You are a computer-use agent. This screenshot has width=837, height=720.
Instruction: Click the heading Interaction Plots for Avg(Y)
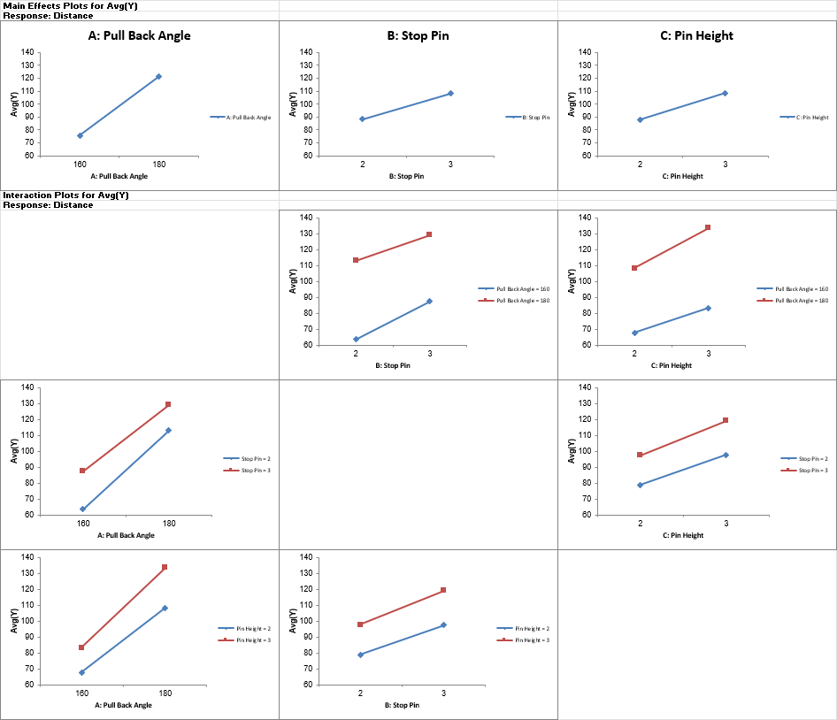click(66, 195)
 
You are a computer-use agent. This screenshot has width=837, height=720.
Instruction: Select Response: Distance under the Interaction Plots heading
click(48, 205)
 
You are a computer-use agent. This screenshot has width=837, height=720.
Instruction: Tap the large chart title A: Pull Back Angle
click(139, 36)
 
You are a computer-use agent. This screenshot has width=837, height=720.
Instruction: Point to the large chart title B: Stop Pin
click(418, 36)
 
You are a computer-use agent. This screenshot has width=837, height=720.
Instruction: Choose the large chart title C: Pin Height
click(696, 36)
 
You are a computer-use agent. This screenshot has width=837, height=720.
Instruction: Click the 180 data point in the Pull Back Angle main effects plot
click(158, 77)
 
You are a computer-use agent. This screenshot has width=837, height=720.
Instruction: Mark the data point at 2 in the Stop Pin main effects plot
click(362, 119)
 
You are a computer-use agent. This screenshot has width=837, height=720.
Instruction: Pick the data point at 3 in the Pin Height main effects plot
click(725, 93)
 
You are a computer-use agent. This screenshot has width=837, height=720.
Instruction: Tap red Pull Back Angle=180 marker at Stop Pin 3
click(429, 234)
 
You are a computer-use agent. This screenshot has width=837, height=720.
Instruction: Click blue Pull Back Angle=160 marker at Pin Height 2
click(634, 333)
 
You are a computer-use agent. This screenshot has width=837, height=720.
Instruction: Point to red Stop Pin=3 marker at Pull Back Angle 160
click(82, 471)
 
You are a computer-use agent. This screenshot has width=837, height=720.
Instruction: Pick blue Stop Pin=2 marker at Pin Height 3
click(726, 455)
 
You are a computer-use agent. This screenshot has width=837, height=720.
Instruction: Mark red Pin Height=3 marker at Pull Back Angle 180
click(165, 567)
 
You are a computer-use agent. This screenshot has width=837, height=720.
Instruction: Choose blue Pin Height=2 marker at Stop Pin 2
click(360, 655)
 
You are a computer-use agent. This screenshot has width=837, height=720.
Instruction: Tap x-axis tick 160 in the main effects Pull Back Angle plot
click(80, 164)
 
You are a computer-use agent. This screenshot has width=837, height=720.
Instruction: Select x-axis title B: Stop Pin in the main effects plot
click(406, 176)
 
